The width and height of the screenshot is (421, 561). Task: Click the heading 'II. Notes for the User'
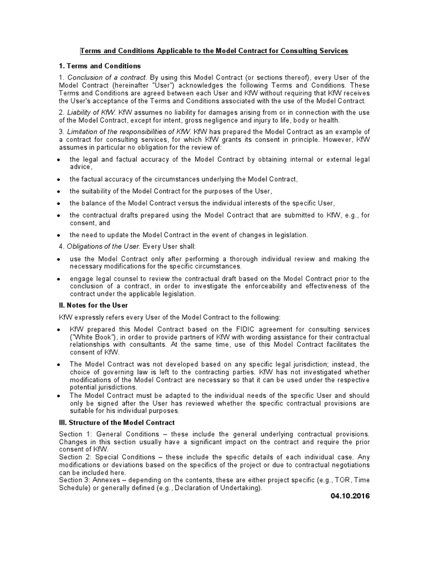[93, 305]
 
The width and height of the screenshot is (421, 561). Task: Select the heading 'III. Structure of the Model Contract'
[117, 422]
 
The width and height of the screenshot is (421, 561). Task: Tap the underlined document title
[214, 51]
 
